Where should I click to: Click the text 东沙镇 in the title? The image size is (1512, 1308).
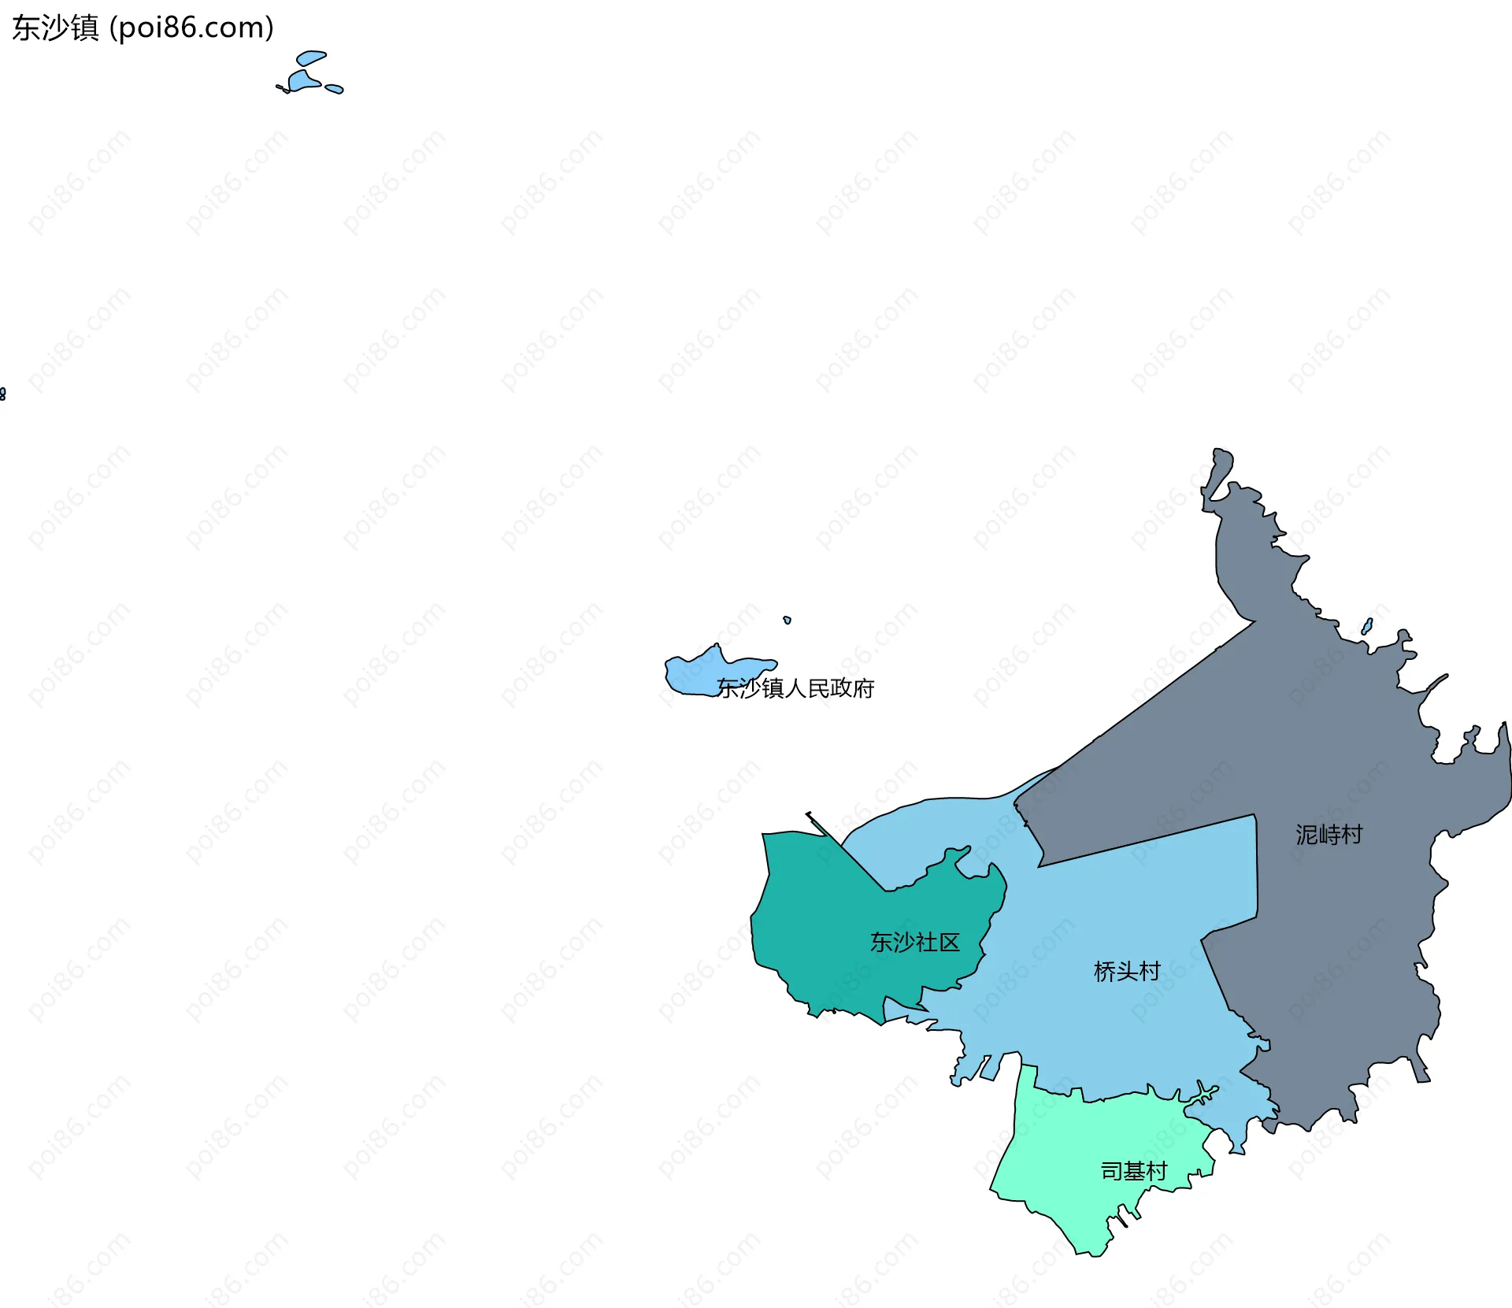tap(55, 28)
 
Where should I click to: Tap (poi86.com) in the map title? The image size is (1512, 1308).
tap(191, 28)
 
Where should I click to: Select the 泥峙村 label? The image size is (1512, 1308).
tap(1329, 835)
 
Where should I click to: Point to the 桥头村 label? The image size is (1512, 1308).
tap(1127, 972)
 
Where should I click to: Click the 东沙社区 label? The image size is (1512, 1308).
tap(914, 943)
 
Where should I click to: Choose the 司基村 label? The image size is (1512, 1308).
tap(1133, 1172)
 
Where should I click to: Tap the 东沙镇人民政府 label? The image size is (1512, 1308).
tap(795, 688)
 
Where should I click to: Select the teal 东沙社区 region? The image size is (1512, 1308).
tap(827, 929)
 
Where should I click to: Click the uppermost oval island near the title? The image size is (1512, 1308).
tap(310, 57)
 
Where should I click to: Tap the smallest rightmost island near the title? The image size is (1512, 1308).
tap(335, 89)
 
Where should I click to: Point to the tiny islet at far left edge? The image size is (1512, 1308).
tap(2, 394)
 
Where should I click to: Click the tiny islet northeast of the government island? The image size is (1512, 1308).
tap(787, 620)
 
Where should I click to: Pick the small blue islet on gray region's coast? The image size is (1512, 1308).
tap(1367, 627)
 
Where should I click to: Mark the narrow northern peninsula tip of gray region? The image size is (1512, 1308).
tap(1221, 465)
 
